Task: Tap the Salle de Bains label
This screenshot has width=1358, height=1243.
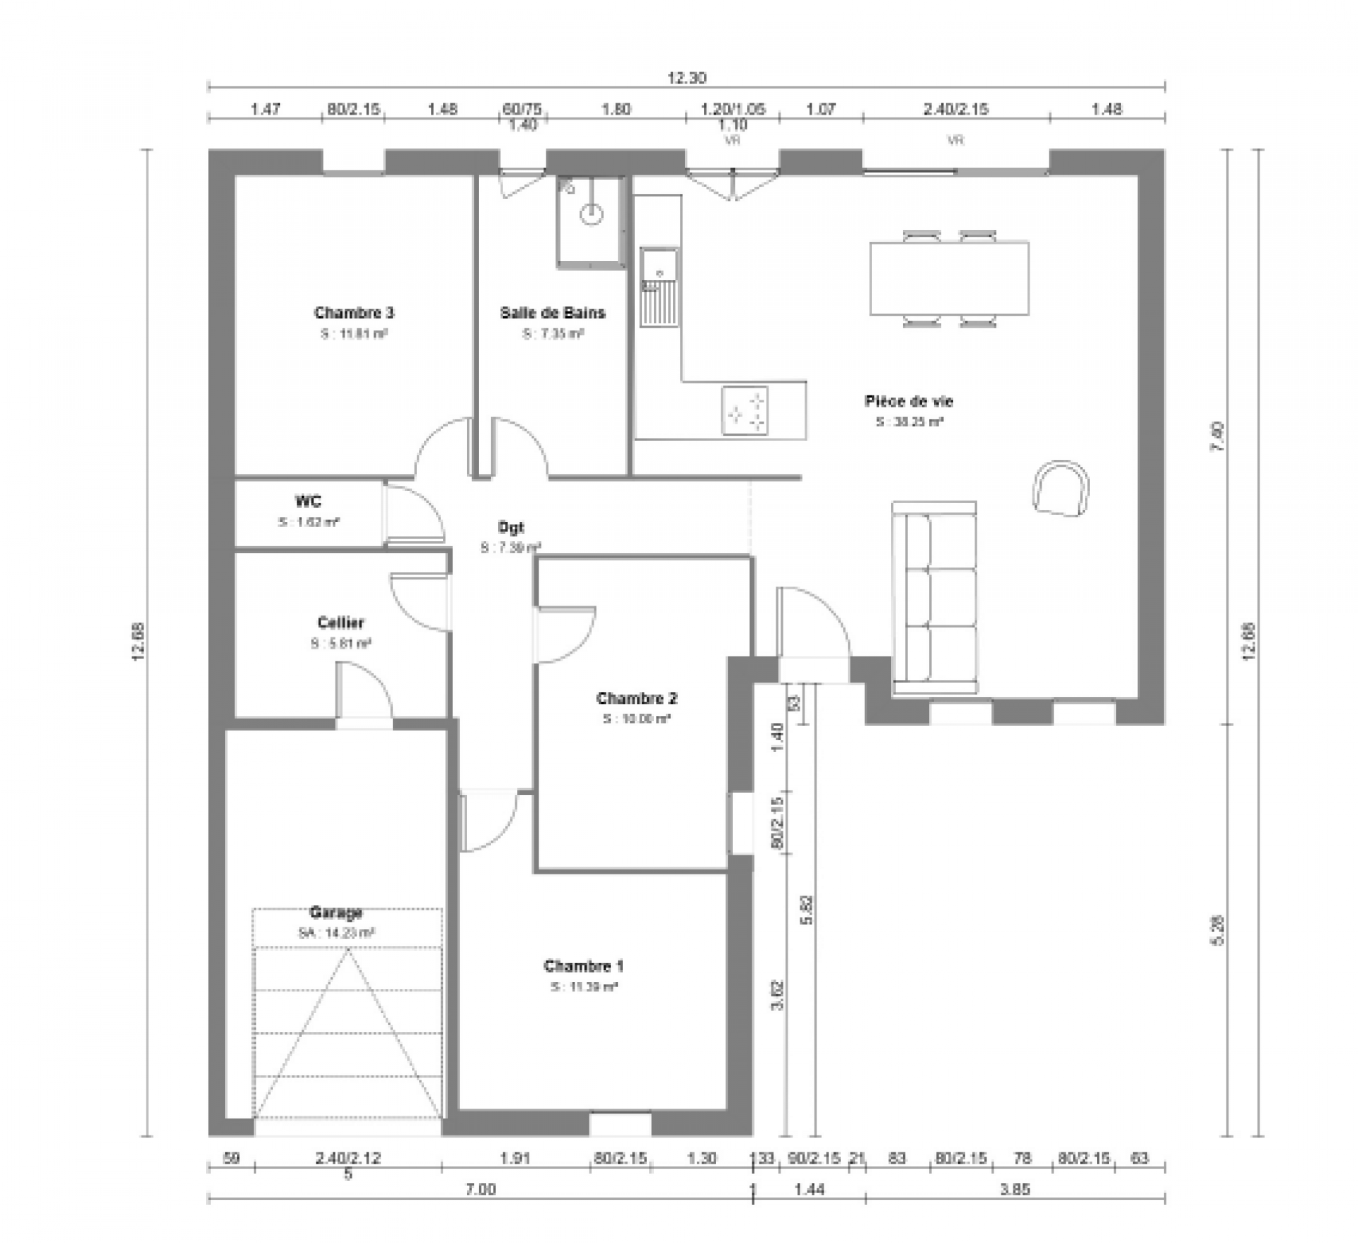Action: (x=553, y=313)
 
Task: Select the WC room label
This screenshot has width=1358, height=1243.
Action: (x=308, y=502)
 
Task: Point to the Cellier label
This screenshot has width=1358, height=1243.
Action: (x=340, y=623)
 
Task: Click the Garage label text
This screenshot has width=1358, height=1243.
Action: (x=335, y=912)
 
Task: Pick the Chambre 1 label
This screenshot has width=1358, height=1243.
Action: (x=583, y=966)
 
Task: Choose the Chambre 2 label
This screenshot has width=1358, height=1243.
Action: (x=636, y=698)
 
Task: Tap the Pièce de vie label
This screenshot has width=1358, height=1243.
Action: (x=909, y=401)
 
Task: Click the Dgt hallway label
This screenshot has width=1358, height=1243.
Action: (x=511, y=527)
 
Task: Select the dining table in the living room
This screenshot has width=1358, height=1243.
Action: (x=949, y=279)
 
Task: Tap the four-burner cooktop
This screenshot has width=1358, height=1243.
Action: (x=744, y=410)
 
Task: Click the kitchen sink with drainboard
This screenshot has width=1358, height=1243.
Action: (x=659, y=287)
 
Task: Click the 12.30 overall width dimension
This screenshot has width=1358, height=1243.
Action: (x=686, y=78)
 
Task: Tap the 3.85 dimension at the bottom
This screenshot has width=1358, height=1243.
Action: (x=1015, y=1189)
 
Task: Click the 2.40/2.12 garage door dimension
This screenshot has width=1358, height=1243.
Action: (x=347, y=1158)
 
